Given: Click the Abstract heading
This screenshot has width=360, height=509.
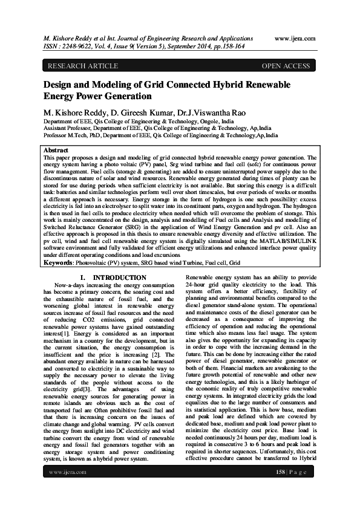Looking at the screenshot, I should click(x=56, y=149).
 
